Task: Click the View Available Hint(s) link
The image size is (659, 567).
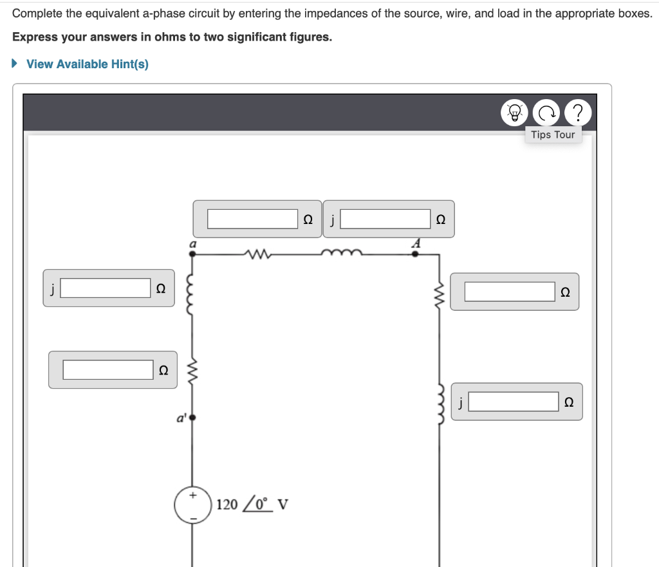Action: pos(87,64)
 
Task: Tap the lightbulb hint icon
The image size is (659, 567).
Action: pos(515,113)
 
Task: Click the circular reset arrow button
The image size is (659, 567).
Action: pos(548,113)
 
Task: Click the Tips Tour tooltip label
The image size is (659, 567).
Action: pos(553,135)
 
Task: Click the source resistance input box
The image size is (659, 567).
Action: pos(107,369)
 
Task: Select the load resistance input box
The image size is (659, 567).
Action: pos(510,292)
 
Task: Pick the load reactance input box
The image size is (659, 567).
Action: pos(513,402)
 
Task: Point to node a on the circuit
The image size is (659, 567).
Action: pos(192,254)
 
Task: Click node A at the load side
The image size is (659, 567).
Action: pos(415,254)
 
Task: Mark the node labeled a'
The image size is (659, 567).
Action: pos(192,418)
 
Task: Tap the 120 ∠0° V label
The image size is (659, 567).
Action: pos(252,503)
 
